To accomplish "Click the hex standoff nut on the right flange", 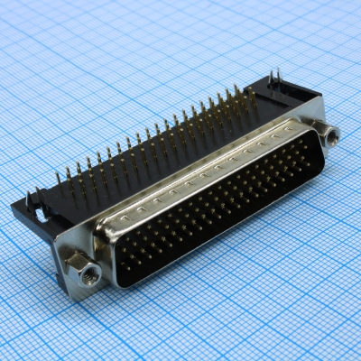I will pos(331,136).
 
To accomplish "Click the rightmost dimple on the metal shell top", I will pos(274,137).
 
